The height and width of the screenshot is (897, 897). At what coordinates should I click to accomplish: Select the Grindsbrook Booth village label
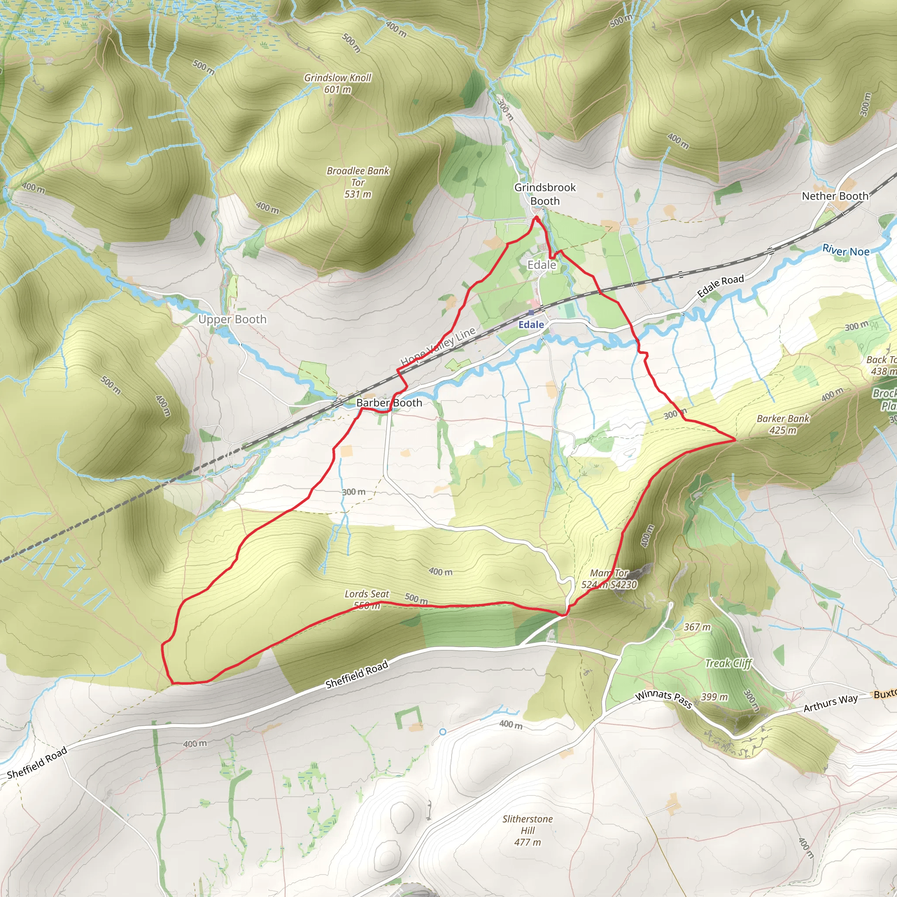[544, 194]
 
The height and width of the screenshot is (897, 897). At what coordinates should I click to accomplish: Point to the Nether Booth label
[835, 196]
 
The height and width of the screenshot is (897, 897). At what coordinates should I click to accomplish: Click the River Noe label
[845, 251]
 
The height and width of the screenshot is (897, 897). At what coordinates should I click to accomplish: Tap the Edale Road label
[720, 286]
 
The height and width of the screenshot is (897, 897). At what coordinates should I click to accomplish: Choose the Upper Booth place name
[232, 319]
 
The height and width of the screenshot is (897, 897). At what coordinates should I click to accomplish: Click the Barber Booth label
[389, 403]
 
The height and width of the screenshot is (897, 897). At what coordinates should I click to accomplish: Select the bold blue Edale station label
[531, 325]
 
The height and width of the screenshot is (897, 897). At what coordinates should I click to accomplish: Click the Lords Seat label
[366, 594]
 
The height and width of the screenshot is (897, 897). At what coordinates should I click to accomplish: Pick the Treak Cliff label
[728, 664]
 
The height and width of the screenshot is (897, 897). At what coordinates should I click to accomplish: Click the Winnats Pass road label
[664, 699]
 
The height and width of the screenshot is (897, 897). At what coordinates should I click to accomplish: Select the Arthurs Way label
[830, 703]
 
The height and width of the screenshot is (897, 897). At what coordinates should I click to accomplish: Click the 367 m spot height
[697, 627]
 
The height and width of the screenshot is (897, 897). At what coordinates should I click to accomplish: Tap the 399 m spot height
[714, 697]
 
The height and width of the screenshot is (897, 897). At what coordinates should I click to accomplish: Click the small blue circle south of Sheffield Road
[443, 732]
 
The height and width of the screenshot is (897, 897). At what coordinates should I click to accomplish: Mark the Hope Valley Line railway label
[438, 346]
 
